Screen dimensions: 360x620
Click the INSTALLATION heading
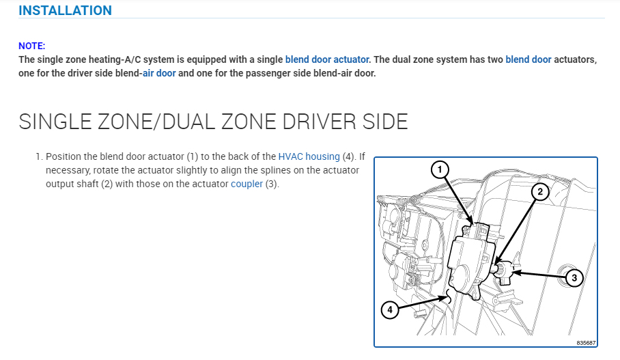coord(65,10)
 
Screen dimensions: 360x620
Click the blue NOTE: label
coord(32,46)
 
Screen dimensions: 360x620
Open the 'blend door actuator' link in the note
coord(327,59)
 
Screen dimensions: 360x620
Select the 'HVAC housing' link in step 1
coord(309,156)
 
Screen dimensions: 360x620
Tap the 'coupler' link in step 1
coord(246,184)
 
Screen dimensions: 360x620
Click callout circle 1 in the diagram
coord(440,169)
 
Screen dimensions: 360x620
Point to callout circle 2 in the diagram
coord(540,192)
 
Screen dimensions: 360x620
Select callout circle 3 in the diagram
coord(574,278)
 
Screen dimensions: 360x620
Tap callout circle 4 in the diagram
coord(390,309)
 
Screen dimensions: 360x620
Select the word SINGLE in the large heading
coord(59,122)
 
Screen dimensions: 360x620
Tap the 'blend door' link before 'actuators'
coord(529,59)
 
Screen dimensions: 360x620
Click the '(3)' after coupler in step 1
coord(272,184)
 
